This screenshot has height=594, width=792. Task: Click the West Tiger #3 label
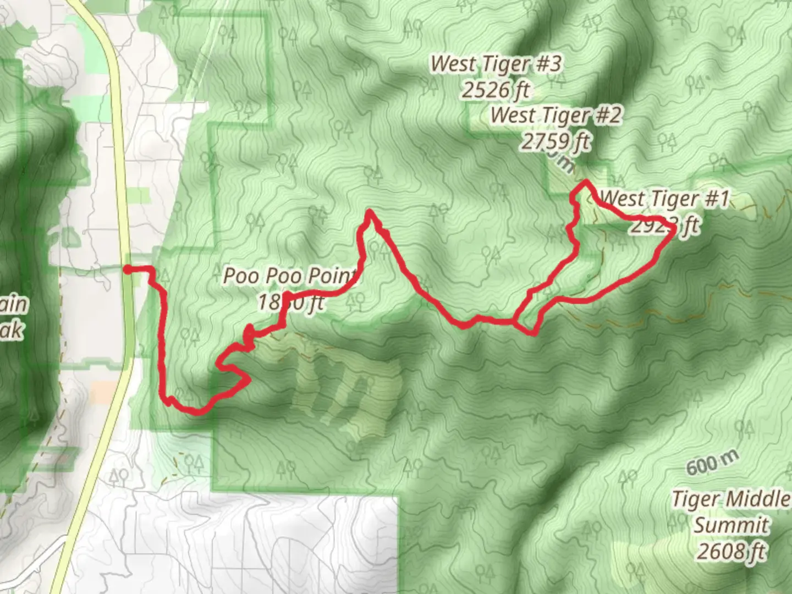coord(496,64)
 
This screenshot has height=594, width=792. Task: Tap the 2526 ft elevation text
coord(496,90)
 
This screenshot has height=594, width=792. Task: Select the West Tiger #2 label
coord(556,116)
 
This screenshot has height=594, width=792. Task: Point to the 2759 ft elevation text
coord(556,142)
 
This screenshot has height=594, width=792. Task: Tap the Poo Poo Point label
coord(290,276)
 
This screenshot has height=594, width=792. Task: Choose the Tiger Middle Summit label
coord(730,512)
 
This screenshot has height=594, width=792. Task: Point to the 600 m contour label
coord(710,465)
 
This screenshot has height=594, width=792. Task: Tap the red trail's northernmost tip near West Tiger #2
coord(587,182)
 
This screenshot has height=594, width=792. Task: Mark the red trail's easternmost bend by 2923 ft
coord(672,230)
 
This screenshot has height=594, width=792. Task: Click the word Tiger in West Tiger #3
coord(498,64)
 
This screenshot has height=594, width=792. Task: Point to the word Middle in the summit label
coord(760,499)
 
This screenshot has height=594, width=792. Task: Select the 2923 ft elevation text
coord(664,225)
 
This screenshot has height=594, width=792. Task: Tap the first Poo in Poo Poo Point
coord(240,276)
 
